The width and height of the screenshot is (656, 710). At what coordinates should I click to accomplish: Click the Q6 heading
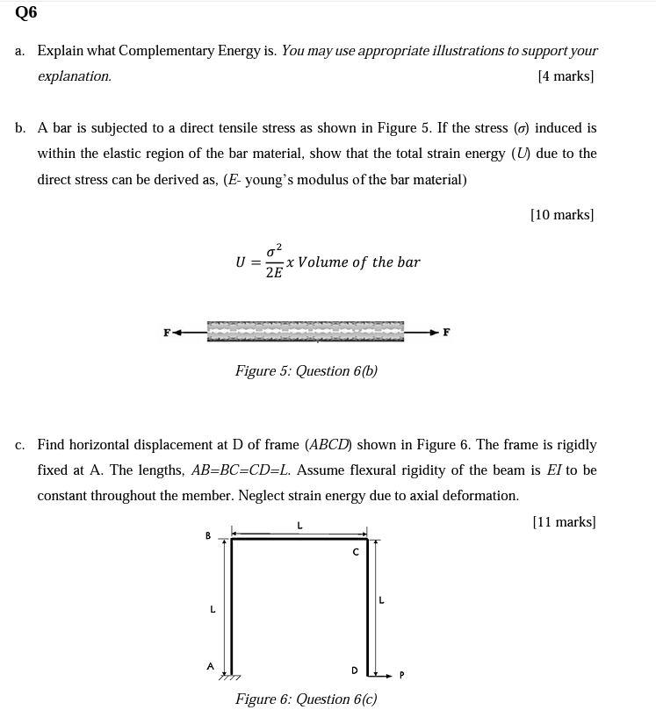coord(25,12)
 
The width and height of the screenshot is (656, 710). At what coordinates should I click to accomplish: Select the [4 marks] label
coord(565,76)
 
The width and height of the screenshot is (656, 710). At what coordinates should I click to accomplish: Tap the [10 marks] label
coord(561,214)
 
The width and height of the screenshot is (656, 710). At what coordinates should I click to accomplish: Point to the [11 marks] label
coord(564,522)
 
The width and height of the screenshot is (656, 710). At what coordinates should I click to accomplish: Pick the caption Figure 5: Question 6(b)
coord(306,370)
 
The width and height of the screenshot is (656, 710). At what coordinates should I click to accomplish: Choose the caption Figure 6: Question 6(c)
coord(306,699)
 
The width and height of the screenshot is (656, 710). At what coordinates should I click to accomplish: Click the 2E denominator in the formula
coord(274,273)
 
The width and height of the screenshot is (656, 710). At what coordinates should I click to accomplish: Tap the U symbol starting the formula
coord(241,262)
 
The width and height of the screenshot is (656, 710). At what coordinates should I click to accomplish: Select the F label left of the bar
coord(167,333)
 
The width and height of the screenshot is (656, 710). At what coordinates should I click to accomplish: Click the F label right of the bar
coord(446,333)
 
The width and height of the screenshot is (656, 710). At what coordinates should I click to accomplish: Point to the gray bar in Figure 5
coord(306,331)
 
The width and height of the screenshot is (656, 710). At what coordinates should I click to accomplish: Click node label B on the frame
coord(208,535)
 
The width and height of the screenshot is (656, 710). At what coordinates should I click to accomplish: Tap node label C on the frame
coord(355,552)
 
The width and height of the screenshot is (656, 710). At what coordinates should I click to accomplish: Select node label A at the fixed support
coord(210,666)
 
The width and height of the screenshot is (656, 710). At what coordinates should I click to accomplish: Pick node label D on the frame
coord(355,671)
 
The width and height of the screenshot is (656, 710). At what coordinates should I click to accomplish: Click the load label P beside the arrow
coord(401,675)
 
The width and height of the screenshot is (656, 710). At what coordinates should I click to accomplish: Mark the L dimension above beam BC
coord(299,525)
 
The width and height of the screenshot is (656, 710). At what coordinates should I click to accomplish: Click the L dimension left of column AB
coord(212,608)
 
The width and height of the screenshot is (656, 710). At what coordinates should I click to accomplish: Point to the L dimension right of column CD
coord(380,600)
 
